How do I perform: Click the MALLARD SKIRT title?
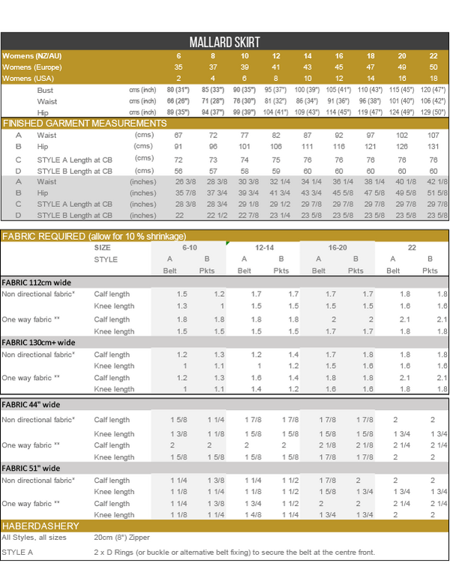(x=224, y=43)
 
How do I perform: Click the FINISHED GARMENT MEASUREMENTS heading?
(x=84, y=123)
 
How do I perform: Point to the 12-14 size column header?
(x=264, y=247)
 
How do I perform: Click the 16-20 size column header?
(x=337, y=247)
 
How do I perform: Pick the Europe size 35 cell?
(x=178, y=67)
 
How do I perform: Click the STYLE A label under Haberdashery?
(x=16, y=553)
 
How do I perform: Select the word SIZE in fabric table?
(x=103, y=247)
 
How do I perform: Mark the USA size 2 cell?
(x=178, y=79)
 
